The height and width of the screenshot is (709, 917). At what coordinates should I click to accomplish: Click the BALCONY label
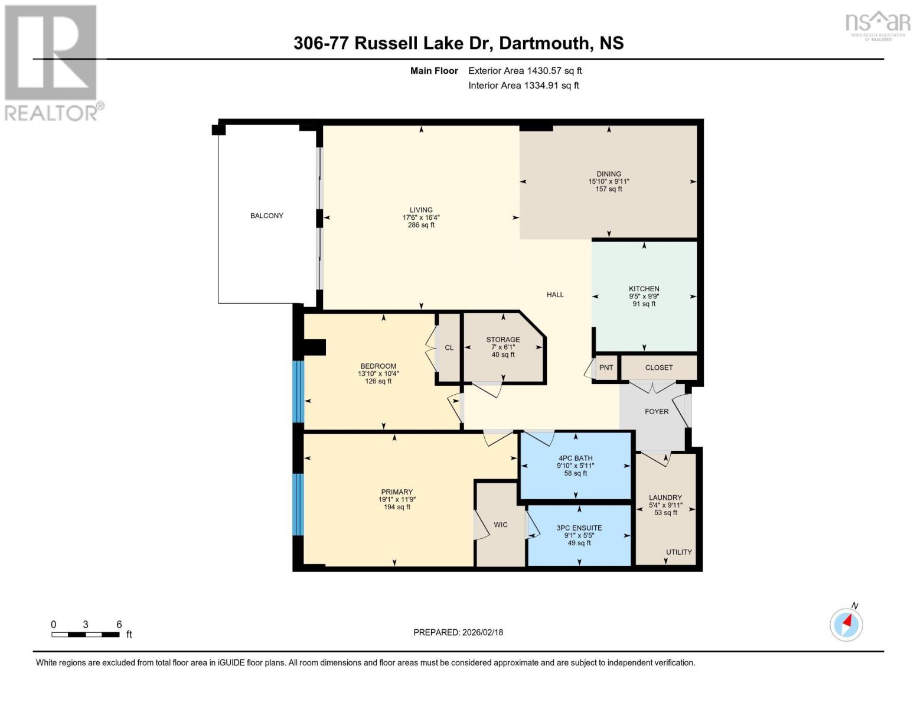(266, 216)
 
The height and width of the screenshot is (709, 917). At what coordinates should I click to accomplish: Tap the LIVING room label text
(421, 210)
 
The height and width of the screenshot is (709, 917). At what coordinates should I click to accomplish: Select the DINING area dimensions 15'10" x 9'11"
(608, 181)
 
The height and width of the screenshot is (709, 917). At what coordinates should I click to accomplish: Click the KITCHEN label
(644, 289)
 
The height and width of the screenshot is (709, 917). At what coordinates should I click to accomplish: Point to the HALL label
(554, 294)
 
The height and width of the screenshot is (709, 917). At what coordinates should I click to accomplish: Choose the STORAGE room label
(502, 340)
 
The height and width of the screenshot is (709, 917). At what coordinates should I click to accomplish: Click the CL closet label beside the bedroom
(449, 347)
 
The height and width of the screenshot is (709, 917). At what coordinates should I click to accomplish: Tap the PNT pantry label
(606, 367)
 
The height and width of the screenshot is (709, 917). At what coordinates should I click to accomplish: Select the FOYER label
(656, 411)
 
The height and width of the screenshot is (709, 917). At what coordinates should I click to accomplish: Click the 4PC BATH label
(575, 458)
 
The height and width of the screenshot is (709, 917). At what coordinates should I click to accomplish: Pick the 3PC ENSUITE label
(579, 528)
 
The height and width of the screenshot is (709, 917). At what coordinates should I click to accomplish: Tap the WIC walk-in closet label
(500, 525)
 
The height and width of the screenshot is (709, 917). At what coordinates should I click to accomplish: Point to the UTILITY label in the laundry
(678, 552)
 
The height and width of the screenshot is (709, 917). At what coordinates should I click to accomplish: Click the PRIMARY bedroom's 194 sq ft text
(396, 507)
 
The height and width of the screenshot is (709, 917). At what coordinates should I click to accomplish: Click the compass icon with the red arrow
(846, 624)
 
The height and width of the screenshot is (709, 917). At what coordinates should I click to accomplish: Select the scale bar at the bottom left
(86, 635)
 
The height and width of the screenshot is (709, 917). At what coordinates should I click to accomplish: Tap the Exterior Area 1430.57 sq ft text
(525, 70)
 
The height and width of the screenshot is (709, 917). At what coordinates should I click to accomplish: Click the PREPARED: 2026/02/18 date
(458, 632)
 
